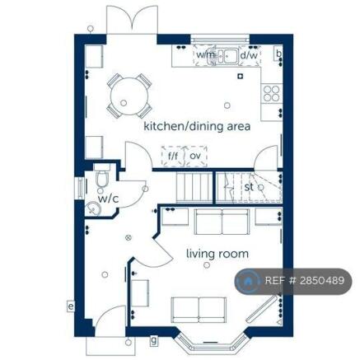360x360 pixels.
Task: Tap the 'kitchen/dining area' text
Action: click(197, 126)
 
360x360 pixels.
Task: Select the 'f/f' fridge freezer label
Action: click(173, 154)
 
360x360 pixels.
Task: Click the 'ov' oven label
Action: click(195, 154)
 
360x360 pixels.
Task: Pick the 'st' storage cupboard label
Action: click(249, 187)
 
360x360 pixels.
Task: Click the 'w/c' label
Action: click(108, 199)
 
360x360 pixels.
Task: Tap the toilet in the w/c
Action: click(102, 180)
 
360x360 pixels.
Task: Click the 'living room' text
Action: click(217, 254)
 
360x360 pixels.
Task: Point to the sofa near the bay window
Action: click(199, 310)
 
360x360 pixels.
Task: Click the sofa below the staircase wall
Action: click(222, 222)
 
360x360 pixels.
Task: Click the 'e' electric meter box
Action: click(71, 306)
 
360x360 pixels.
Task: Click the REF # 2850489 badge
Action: click(294, 281)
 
